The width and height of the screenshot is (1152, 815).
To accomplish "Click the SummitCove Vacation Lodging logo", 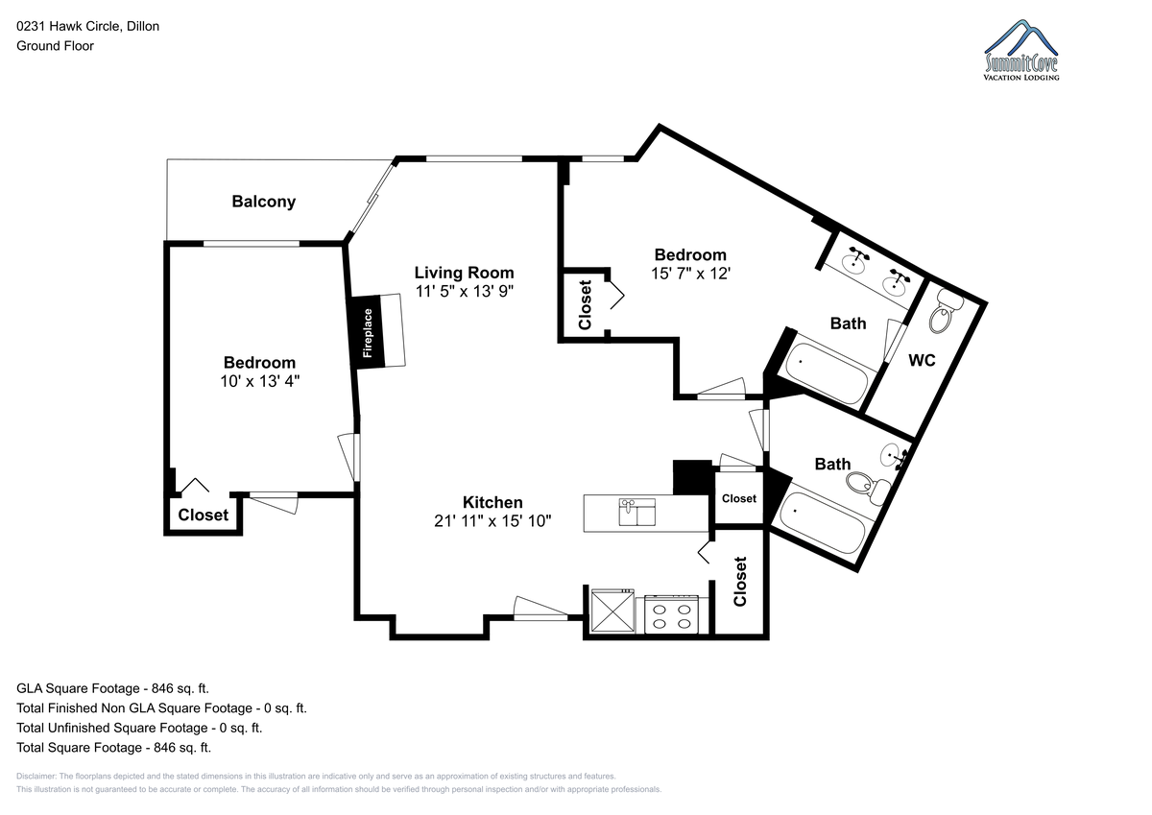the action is coord(1021,50).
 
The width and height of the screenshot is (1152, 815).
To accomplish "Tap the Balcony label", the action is coord(263,201).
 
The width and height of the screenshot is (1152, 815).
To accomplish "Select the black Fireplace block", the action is coord(367,331).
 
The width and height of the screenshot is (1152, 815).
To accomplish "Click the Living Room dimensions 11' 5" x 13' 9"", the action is coord(465,292).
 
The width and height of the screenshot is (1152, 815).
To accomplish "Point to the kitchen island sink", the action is coord(636,512).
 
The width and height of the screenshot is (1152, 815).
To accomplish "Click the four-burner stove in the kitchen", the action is coord(672,614).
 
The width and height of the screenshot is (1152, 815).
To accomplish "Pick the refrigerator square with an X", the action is coord(612,611).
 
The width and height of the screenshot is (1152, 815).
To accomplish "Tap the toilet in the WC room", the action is coord(946,311).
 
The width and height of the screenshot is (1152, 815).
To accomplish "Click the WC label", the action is coord(922,360).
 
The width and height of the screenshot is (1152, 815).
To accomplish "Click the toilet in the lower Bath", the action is coord(868,488).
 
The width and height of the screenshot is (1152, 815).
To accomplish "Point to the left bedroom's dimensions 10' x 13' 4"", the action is coord(260,381).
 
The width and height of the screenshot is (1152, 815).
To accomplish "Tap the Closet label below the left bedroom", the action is coord(204,515).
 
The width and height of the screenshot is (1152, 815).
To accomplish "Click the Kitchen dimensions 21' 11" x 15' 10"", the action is coord(492,521).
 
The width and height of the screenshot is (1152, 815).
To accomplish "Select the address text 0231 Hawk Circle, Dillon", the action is coord(88,26).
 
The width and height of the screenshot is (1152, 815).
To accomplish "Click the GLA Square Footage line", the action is coord(112,688).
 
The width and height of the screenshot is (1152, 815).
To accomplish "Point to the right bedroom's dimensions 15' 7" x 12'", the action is coord(690,274).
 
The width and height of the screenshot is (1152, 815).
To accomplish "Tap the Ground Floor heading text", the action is coord(55,46).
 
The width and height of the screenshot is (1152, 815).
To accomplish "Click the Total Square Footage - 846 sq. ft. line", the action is coord(113,747).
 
